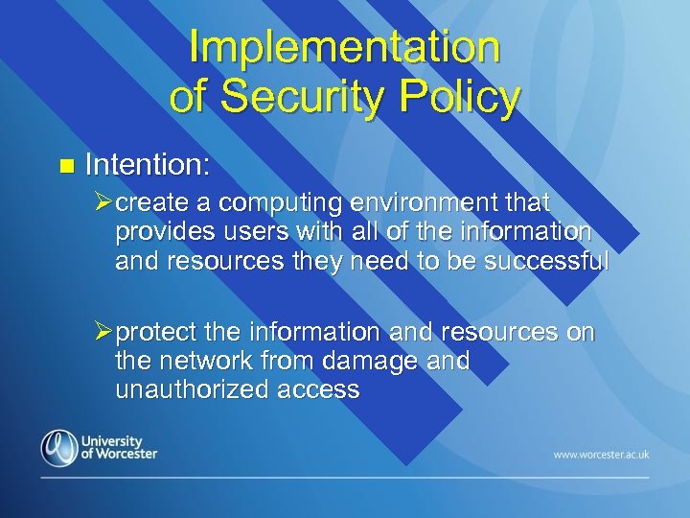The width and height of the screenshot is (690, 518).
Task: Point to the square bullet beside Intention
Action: [x=65, y=167]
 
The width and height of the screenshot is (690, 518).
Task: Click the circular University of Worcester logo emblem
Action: [x=59, y=448]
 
